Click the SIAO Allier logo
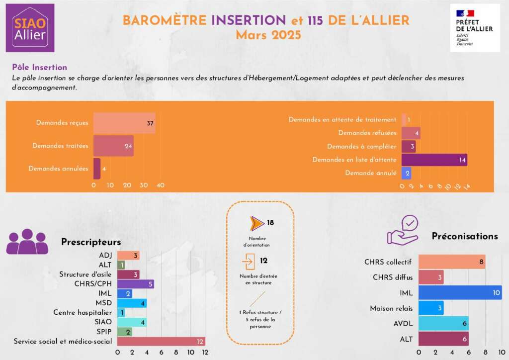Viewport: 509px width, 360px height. pyautogui.click(x=30, y=28)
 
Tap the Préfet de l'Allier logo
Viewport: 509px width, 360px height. pyautogui.click(x=474, y=28)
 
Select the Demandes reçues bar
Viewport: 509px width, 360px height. pyautogui.click(x=124, y=123)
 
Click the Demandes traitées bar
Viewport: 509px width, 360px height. pyautogui.click(x=113, y=146)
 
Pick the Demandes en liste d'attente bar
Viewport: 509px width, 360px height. pyautogui.click(x=434, y=160)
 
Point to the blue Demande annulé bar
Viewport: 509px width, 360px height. pyautogui.click(x=406, y=173)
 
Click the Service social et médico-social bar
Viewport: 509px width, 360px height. pyautogui.click(x=161, y=341)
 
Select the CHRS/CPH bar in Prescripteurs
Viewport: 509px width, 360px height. pyautogui.click(x=136, y=284)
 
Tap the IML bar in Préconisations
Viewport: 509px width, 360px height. pyautogui.click(x=460, y=293)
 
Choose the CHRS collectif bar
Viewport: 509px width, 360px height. pyautogui.click(x=451, y=262)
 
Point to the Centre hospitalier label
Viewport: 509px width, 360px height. pyautogui.click(x=83, y=313)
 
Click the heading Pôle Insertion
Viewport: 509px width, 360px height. pyautogui.click(x=39, y=67)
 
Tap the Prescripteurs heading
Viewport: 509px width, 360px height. pyautogui.click(x=91, y=242)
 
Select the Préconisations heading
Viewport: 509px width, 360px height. pyautogui.click(x=464, y=236)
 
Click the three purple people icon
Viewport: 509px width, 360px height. pyautogui.click(x=27, y=243)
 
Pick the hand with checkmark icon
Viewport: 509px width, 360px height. pyautogui.click(x=404, y=230)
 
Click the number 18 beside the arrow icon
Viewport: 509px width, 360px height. pyautogui.click(x=270, y=223)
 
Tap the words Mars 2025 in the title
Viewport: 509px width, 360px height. pyautogui.click(x=268, y=35)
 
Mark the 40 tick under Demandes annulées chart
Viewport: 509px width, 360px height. pyautogui.click(x=161, y=185)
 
